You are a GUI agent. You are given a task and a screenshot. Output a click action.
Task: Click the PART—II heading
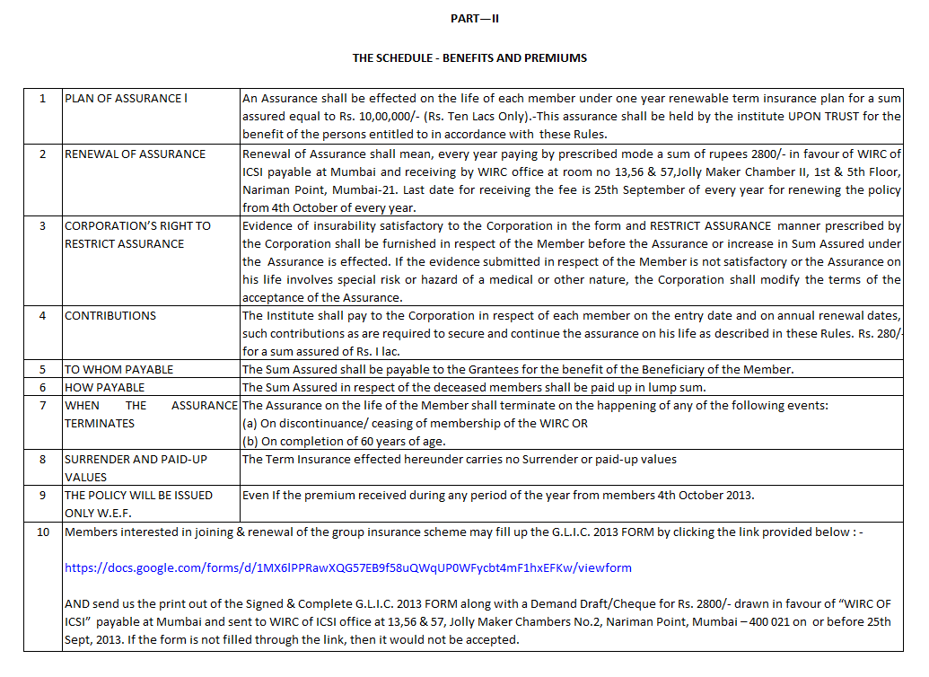coord(469,19)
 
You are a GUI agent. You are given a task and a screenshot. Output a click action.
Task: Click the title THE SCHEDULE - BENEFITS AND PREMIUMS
coord(469,57)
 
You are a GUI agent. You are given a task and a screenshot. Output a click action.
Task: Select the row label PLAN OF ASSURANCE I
coord(126,99)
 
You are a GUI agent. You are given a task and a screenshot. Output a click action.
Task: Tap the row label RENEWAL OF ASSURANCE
coord(135,154)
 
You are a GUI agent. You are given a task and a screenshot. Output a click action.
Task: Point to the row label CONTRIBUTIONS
coord(110,315)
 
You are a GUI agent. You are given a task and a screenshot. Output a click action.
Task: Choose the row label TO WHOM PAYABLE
coord(118,369)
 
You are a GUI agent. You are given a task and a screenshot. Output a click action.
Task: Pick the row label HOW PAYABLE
coord(104,387)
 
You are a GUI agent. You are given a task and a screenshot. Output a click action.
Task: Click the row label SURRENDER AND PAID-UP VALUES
coord(136,468)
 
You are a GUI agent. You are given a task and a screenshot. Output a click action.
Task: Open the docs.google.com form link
coord(348,567)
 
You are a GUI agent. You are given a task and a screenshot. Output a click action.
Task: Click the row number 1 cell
coord(42,99)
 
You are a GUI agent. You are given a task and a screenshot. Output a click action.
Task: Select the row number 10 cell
coord(42,532)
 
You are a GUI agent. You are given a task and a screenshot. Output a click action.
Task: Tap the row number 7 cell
coord(42,405)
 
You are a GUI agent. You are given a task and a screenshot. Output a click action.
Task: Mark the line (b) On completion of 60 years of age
coord(345,441)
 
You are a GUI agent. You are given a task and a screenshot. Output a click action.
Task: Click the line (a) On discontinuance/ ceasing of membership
coord(416,423)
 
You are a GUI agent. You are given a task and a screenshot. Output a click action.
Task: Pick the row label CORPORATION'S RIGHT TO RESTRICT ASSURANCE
coord(137,234)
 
